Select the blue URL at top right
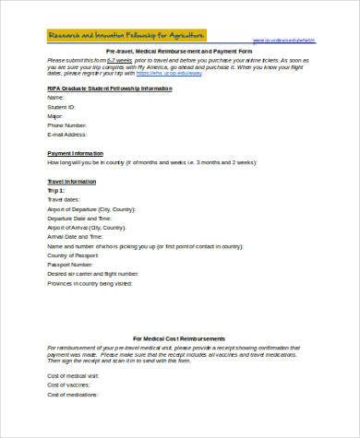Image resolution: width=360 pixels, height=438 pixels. coord(289,41)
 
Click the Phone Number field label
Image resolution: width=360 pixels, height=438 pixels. coord(68,124)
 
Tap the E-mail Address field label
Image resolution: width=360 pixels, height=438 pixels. coord(69,133)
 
